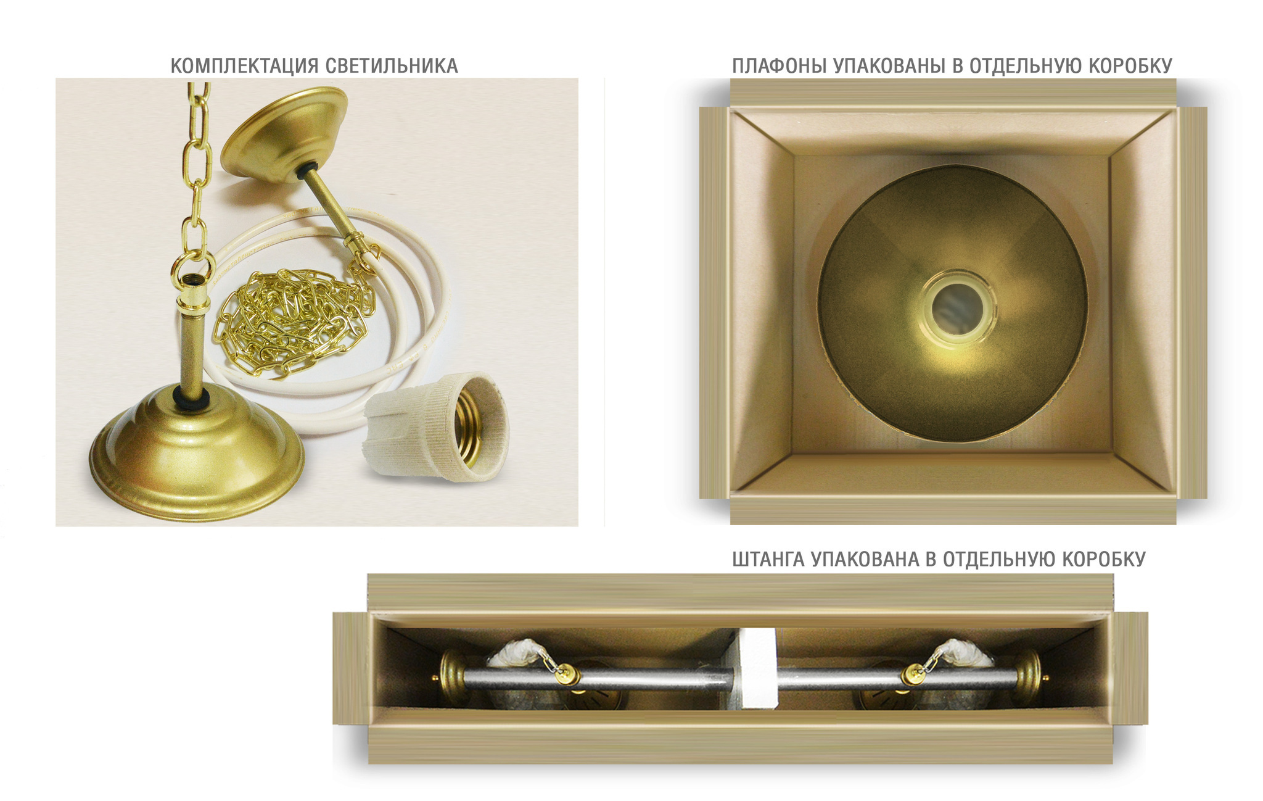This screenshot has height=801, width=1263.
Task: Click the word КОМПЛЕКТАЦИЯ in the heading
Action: (245, 66)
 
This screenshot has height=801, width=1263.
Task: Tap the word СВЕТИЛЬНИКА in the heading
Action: (392, 66)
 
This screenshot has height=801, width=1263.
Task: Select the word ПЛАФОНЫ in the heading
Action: (780, 66)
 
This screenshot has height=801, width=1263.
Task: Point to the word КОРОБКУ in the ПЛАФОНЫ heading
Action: (1130, 66)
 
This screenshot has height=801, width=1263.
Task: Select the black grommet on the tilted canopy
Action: (307, 172)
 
